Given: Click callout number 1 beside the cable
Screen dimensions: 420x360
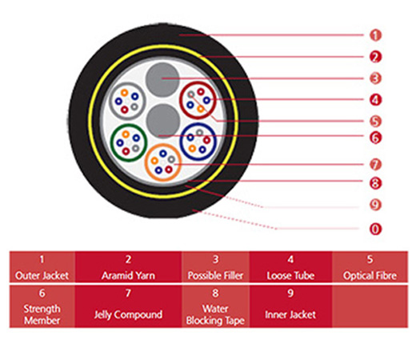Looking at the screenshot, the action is point(375,35).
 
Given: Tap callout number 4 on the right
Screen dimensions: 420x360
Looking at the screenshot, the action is point(375,100).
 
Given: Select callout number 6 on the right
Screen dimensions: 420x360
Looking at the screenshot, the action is point(375,138).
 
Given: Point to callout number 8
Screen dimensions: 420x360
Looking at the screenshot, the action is point(375,183).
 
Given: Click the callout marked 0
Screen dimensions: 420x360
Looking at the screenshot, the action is point(375,229).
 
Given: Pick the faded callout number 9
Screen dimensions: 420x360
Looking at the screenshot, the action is point(375,205).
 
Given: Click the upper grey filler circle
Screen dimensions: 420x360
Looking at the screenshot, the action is point(162,79).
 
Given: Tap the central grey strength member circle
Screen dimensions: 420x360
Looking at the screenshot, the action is point(163,122).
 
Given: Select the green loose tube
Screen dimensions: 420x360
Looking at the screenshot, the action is point(129,142).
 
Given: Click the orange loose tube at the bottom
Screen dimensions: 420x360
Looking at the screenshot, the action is point(163,162).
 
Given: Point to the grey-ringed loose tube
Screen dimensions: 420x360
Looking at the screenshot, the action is point(127,101).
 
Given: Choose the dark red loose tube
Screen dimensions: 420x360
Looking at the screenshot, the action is point(198,100).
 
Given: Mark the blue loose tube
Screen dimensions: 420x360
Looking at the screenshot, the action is point(198,142).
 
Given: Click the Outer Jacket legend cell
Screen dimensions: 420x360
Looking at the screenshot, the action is point(42,266).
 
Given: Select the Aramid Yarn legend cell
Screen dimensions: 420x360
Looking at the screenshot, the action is point(128,266).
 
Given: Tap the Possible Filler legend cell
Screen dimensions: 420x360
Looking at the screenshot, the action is point(216,266).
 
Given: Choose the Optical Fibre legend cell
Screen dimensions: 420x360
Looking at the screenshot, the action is point(370,266).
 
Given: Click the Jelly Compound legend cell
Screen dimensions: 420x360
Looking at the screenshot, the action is point(128,306).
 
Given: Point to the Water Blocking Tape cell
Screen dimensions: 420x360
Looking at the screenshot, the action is point(216,306).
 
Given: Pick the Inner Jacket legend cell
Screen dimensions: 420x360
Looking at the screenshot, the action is point(291,306).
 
